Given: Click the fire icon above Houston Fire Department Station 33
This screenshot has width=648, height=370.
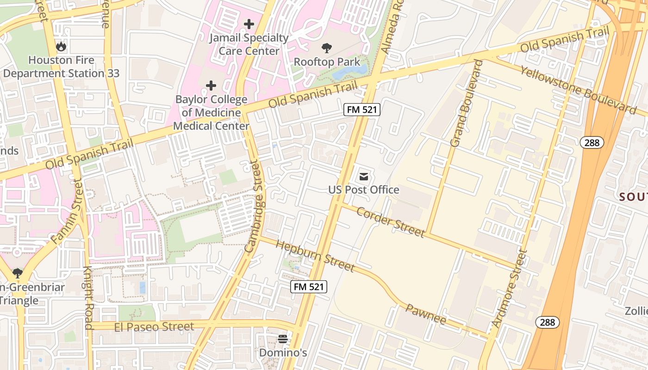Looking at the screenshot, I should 61,46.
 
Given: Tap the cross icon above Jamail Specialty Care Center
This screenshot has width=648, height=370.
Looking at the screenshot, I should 249,24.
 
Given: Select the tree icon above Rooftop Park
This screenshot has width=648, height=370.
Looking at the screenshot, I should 327,48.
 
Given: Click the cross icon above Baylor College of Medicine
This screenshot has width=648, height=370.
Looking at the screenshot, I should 211,86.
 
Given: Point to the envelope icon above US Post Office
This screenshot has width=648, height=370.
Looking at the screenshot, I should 364,176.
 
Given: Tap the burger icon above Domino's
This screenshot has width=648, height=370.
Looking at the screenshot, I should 283,339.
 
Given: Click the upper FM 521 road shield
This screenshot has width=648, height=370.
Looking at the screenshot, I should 362,110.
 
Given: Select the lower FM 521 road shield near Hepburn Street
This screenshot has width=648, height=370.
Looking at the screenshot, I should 309,286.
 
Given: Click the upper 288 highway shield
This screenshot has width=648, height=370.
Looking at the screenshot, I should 592,142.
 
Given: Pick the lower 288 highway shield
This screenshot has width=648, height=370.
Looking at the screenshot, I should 548,322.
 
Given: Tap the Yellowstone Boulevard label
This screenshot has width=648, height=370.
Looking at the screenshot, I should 578,89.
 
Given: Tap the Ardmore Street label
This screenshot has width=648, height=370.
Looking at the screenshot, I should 510,289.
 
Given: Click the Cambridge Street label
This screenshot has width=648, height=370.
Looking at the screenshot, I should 256,206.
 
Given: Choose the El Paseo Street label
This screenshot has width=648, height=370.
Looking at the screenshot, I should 154,327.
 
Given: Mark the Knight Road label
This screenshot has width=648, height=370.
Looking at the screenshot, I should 88,297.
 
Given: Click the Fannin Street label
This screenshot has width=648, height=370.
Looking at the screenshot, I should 68,213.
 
